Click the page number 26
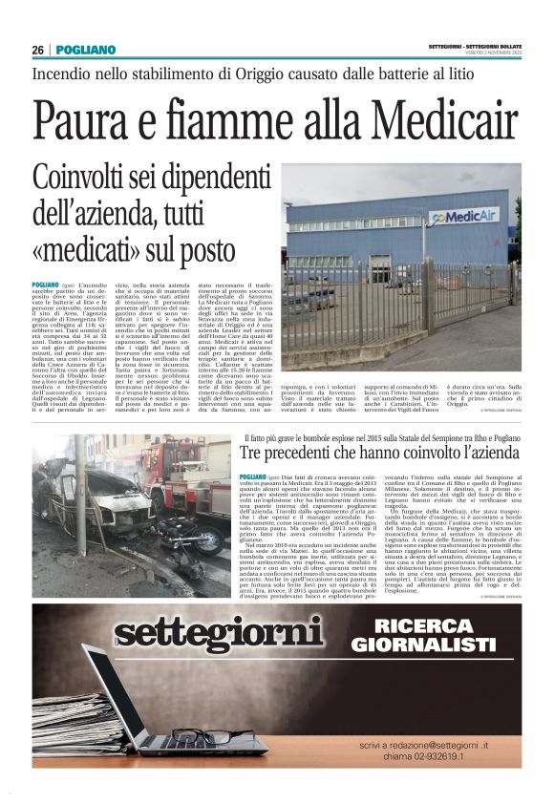pyautogui.click(x=38, y=50)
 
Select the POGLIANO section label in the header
pyautogui.click(x=85, y=50)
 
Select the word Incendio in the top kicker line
pyautogui.click(x=68, y=73)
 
